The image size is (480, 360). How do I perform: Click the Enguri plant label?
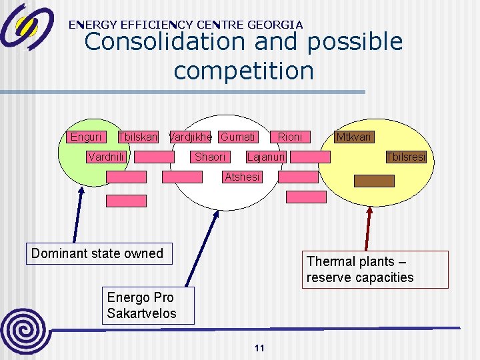[86, 137]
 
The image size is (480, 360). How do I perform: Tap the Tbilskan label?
[137, 137]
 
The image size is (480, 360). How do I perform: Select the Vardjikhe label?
[190, 137]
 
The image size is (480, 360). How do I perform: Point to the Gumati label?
[237, 137]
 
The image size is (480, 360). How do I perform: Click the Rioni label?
[290, 137]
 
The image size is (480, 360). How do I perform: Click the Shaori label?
[210, 157]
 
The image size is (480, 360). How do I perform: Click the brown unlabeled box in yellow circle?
[374, 181]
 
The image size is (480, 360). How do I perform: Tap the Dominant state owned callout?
[98, 253]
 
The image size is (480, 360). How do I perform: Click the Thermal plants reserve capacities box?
[375, 269]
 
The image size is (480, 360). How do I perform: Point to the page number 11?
[260, 348]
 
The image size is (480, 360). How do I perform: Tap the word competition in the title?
[243, 71]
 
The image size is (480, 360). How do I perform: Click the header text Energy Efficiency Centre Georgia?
[185, 25]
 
